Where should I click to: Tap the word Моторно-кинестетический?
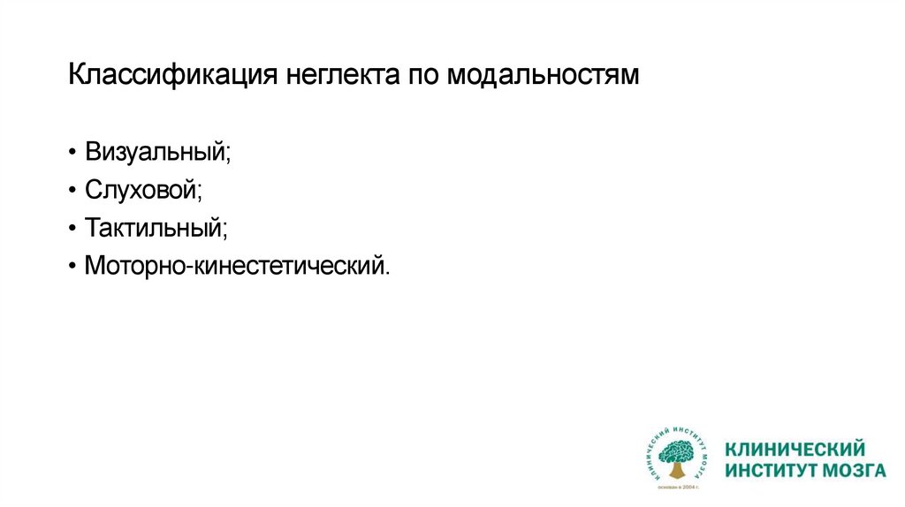tap(234, 265)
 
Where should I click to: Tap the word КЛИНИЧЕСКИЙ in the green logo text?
tap(794, 449)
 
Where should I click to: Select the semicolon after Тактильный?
tap(224, 230)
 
